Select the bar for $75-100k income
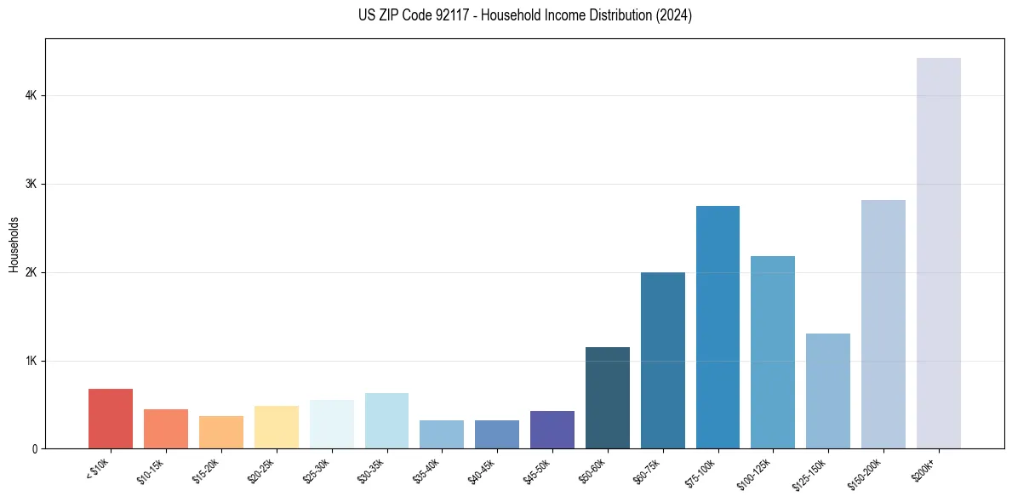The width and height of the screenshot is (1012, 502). pos(718,327)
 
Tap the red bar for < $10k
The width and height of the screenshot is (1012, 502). pos(111,419)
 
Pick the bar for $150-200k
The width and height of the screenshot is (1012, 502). pos(883,324)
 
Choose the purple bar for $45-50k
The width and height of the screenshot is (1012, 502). pos(552,430)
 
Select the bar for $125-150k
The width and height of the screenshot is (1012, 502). pos(828,391)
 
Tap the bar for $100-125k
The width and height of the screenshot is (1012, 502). pos(773,352)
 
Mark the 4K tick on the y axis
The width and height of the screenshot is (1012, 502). pos(31,96)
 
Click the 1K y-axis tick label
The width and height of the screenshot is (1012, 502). pos(31,361)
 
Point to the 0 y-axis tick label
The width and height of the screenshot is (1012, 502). pos(34,449)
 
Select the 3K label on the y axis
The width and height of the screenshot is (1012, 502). pos(31,185)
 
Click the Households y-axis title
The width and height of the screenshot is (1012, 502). pos(14,244)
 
